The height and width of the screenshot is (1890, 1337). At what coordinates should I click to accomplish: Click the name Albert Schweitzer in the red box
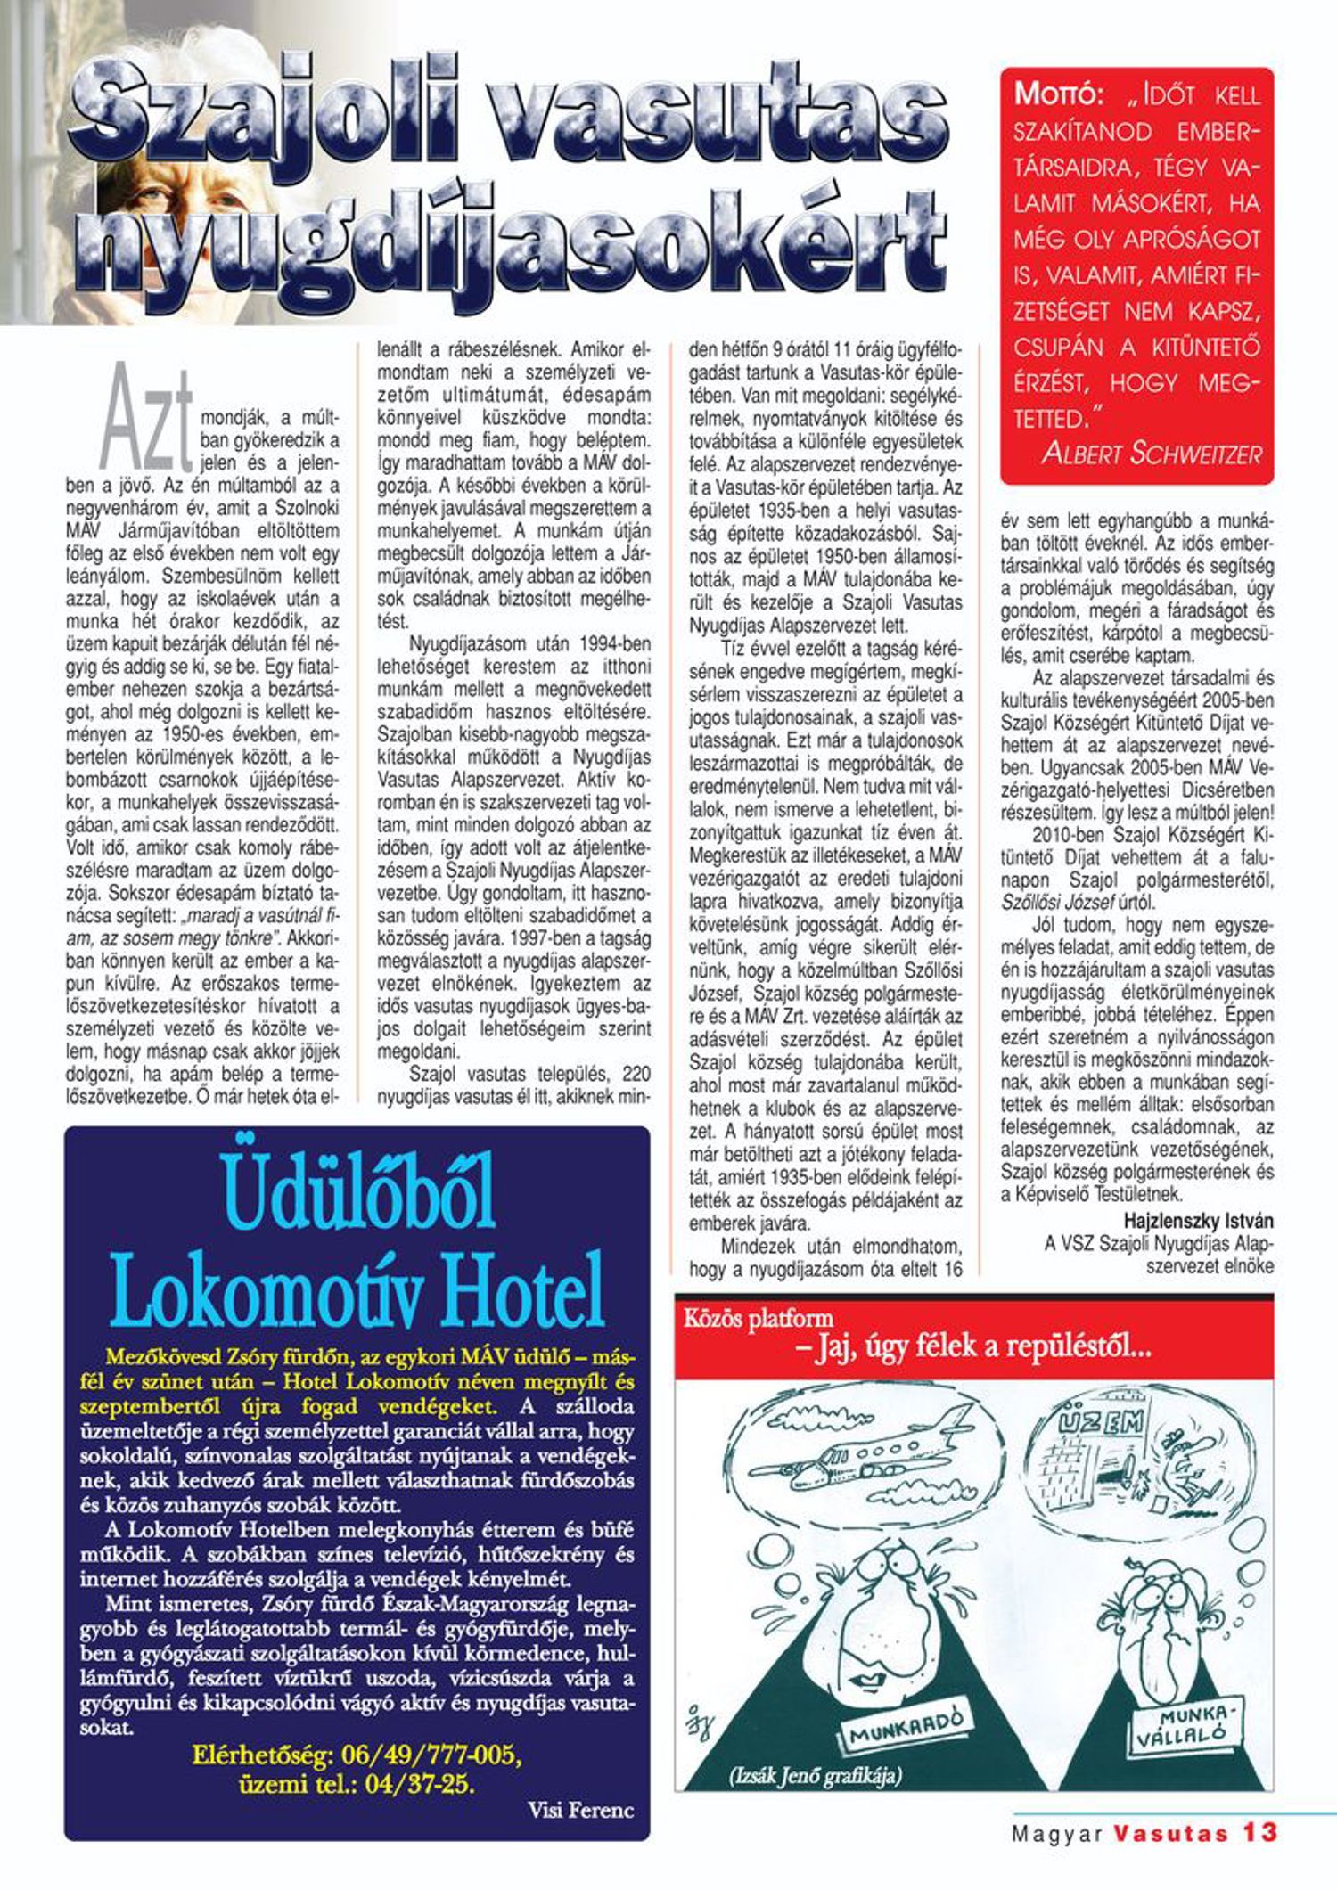point(1152,454)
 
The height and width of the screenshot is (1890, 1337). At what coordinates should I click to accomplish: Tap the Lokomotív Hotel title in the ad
point(357,1289)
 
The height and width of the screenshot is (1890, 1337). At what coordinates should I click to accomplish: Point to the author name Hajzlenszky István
point(1198,1221)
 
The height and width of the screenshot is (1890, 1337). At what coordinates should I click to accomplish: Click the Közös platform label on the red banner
point(759,1318)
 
